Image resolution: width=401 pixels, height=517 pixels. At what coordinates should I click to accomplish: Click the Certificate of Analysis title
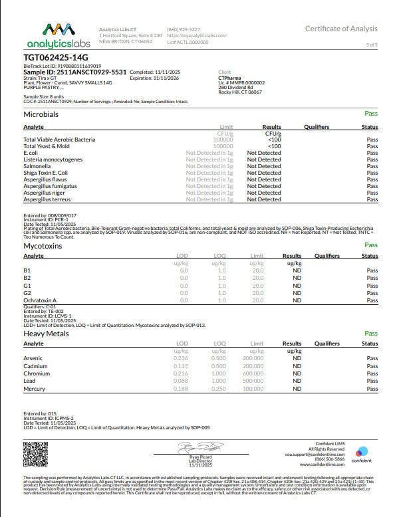pyautogui.click(x=341, y=29)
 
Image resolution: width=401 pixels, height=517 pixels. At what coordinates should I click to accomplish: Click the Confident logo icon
pyautogui.click(x=361, y=450)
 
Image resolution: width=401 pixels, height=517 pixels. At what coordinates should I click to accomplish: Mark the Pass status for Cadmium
pyautogui.click(x=372, y=366)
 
